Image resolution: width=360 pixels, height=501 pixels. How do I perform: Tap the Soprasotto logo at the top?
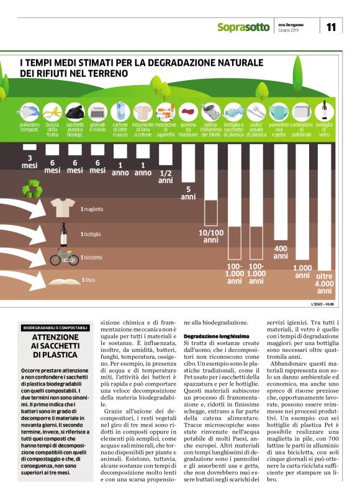coord(243,27)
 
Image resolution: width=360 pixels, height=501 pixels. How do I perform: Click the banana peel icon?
coord(53,113)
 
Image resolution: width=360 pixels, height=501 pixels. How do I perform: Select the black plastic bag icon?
coord(75,112)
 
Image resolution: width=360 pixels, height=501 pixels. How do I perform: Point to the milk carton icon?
coord(120,112)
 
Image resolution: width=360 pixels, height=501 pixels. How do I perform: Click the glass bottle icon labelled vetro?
coord(324,111)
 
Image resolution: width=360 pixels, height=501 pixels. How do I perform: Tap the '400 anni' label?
coord(280,252)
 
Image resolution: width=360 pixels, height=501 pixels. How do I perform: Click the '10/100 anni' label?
coord(210,237)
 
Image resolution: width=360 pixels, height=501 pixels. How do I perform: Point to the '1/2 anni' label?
coord(165,176)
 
